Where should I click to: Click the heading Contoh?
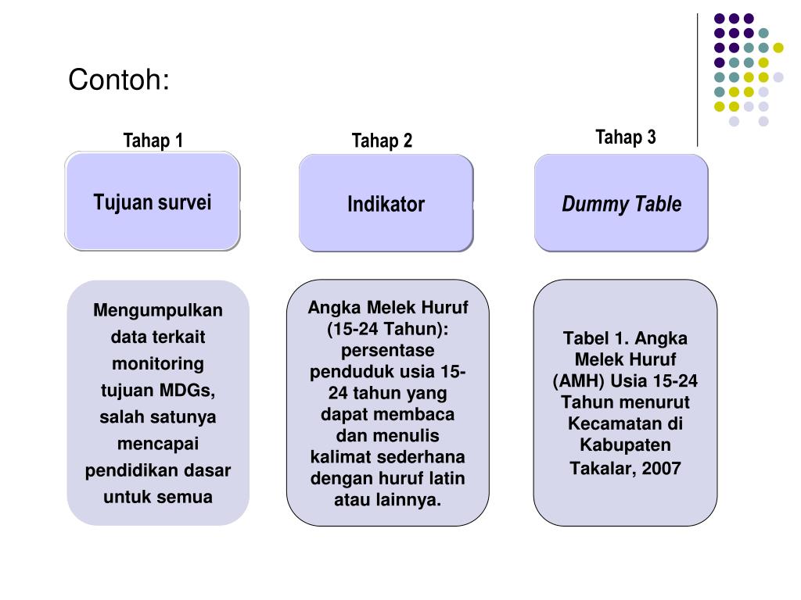pos(119,80)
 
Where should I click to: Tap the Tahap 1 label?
pos(153,141)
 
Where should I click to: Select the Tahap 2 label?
pos(382,141)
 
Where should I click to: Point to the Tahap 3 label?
pos(625,137)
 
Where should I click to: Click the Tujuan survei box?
pos(153,202)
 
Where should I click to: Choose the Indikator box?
pos(386,204)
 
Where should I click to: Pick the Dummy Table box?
pos(621,204)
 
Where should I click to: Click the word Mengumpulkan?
pos(158,311)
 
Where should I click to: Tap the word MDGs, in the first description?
pos(188,390)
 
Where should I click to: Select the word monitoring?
pos(158,363)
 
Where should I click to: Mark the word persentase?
pos(388,350)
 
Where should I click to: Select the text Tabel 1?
pos(596,339)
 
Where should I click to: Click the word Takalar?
pos(601,468)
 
